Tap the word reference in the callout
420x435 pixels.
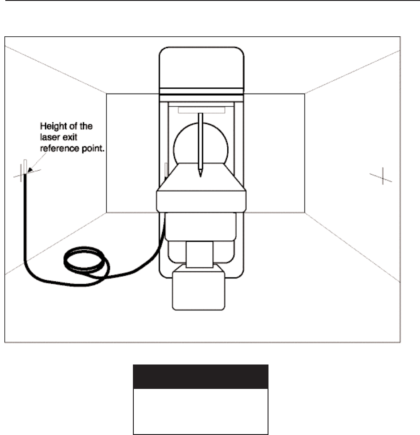pyautogui.click(x=57, y=143)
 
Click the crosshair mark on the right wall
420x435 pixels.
pyautogui.click(x=381, y=176)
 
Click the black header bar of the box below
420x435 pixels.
pyautogui.click(x=201, y=377)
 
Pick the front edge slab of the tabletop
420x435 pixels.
pyautogui.click(x=201, y=200)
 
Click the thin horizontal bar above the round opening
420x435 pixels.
pyautogui.click(x=201, y=110)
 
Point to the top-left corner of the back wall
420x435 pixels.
pyautogui.click(x=107, y=94)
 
